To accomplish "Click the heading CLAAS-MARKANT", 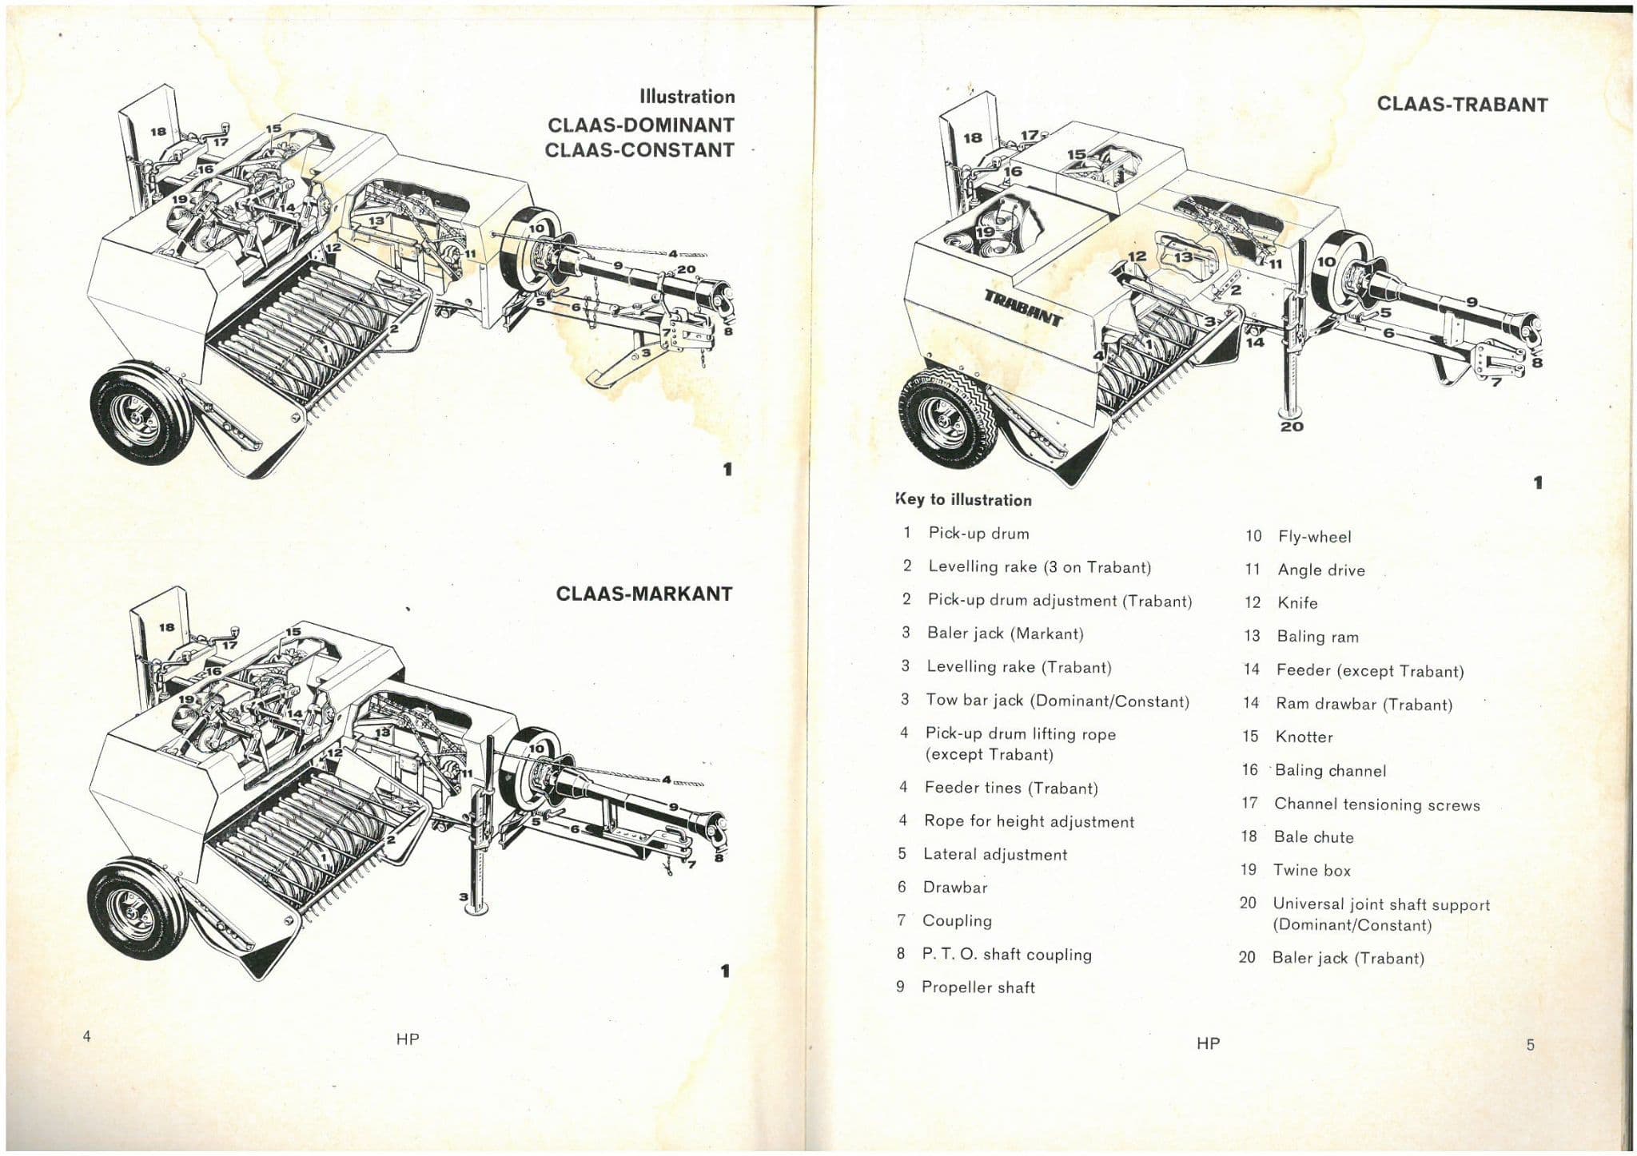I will pyautogui.click(x=643, y=594).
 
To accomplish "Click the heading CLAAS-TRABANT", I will pyautogui.click(x=1461, y=105).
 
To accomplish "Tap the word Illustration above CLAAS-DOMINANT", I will pyautogui.click(x=687, y=97).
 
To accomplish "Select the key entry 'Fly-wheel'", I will pyautogui.click(x=1314, y=537).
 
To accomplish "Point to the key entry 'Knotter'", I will pyautogui.click(x=1304, y=737).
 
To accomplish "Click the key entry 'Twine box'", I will pyautogui.click(x=1311, y=870).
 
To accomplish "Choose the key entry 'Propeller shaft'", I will pyautogui.click(x=978, y=987).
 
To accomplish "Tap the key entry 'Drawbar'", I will pyautogui.click(x=954, y=887).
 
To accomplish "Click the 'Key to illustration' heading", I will pyautogui.click(x=963, y=500).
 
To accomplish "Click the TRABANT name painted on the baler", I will pyautogui.click(x=1022, y=307).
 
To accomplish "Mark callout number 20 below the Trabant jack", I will pyautogui.click(x=1292, y=427).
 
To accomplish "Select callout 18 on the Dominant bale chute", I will pyautogui.click(x=158, y=132).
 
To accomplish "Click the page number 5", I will pyautogui.click(x=1530, y=1045).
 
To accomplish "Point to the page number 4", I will pyautogui.click(x=86, y=1037).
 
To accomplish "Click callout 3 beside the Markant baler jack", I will pyautogui.click(x=463, y=896).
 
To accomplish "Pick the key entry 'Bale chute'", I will pyautogui.click(x=1313, y=837).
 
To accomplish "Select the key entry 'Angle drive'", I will pyautogui.click(x=1320, y=570).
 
